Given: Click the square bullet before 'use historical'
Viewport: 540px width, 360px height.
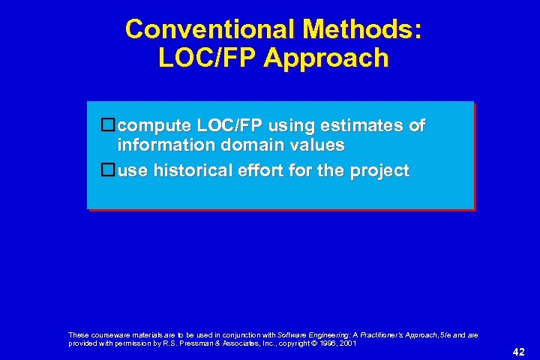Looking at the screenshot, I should click(x=107, y=170).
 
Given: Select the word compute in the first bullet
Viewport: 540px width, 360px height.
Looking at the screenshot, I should click(x=151, y=125).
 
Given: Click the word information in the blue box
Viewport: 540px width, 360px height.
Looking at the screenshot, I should click(x=161, y=145).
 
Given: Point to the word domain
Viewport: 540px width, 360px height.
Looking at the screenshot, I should click(x=239, y=145).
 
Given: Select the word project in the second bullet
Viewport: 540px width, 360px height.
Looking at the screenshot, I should click(x=379, y=171).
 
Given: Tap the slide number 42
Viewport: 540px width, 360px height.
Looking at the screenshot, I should click(x=518, y=352).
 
